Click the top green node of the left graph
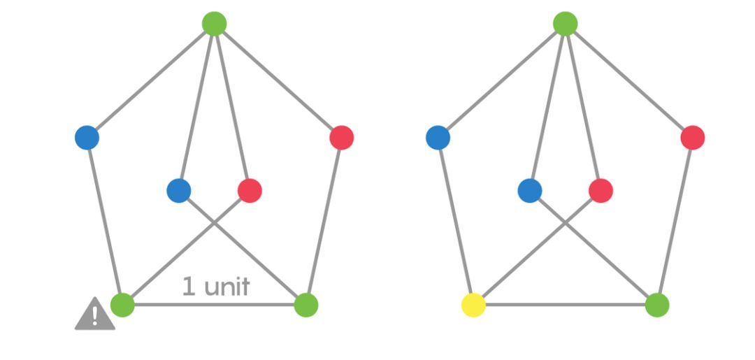(214, 24)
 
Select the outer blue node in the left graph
(87, 137)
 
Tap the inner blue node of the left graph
(179, 190)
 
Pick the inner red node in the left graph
(250, 190)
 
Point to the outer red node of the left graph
(341, 137)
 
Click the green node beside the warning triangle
(122, 305)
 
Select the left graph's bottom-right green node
(306, 305)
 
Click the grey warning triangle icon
(94, 314)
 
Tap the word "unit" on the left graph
(225, 286)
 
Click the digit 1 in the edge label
(188, 286)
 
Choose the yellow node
(473, 305)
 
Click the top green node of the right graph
(565, 24)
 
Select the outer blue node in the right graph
(438, 137)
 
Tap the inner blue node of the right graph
(530, 190)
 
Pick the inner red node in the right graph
(601, 190)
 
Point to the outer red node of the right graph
(692, 137)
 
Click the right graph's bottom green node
(657, 305)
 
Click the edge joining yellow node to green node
(565, 305)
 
